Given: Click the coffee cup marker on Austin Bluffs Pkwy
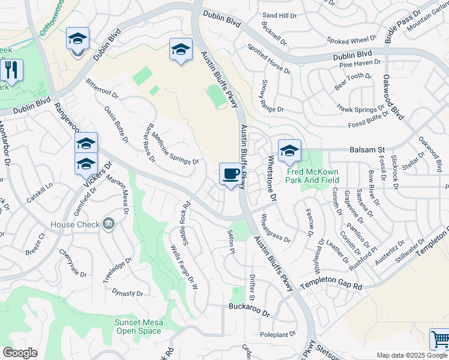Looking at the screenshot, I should tap(231, 175).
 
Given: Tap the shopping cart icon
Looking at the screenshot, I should tap(440, 340).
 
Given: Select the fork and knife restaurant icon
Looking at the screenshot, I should tap(11, 70).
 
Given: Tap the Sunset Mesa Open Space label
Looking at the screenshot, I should tap(139, 326).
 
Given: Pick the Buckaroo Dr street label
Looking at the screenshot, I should tap(250, 306).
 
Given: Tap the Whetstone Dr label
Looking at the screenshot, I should tap(271, 178).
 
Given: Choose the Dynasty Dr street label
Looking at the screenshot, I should tap(127, 293).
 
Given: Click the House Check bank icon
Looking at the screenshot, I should tap(108, 224).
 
